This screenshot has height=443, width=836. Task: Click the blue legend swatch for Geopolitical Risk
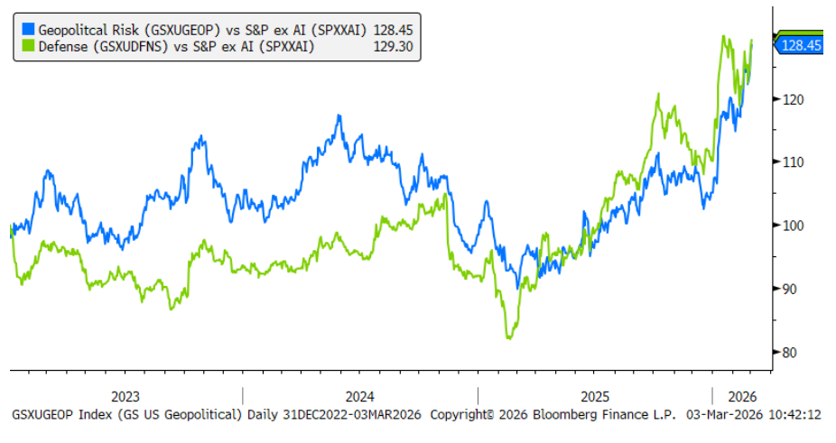click(26, 29)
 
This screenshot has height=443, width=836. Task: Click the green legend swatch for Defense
click(26, 46)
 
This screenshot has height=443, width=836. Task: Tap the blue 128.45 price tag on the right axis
click(800, 44)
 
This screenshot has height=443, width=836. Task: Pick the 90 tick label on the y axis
click(790, 289)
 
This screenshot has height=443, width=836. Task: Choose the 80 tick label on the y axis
click(790, 352)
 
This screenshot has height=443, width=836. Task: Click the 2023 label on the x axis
click(125, 396)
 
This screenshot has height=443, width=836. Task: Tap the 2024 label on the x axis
click(360, 396)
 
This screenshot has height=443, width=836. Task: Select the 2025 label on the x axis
click(595, 396)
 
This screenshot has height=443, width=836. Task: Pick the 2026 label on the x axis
click(740, 396)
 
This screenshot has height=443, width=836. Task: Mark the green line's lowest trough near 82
click(509, 337)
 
